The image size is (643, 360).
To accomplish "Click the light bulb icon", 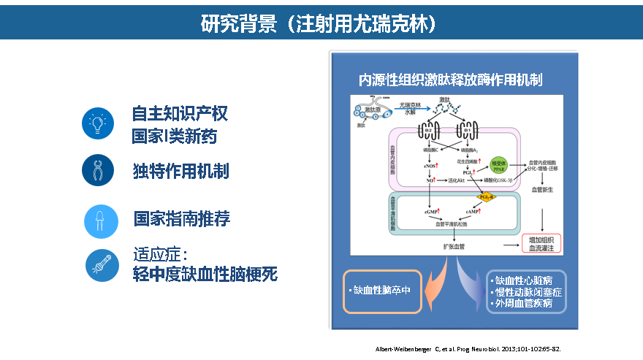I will tap(97, 122).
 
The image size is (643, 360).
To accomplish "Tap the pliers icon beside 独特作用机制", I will tap(97, 171).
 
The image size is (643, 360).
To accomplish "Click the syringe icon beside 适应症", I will tap(97, 265).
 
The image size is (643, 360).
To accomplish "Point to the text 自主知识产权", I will tap(180, 114).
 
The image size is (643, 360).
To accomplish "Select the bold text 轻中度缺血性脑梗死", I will tap(205, 275).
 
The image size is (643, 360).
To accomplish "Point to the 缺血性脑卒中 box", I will tap(382, 291).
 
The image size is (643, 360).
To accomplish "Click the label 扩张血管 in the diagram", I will tap(454, 247).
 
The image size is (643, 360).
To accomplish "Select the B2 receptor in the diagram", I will tap(427, 131).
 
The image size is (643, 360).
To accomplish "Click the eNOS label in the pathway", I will tap(430, 166).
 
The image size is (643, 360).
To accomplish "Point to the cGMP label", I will tap(430, 211).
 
